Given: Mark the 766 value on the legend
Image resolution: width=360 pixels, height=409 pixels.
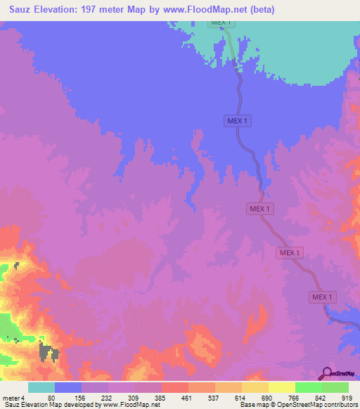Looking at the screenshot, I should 295,397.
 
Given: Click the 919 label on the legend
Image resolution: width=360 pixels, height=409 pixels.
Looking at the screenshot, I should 347,397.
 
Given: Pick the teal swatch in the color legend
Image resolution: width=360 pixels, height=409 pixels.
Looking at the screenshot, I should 41,387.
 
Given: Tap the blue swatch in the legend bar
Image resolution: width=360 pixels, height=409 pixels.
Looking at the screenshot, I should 67,387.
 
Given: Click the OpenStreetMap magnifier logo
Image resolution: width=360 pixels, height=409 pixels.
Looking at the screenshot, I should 326,372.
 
